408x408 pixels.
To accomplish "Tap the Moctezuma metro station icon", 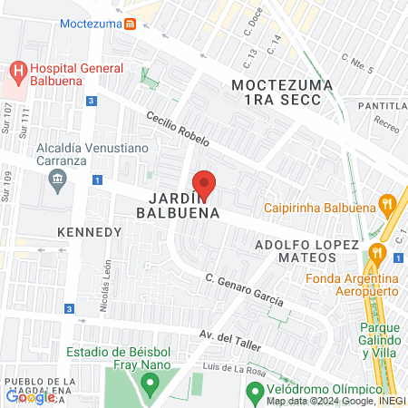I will coord(131,24).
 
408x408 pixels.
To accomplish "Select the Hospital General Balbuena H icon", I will coord(17,69).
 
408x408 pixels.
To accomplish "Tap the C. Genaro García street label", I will coord(243,289).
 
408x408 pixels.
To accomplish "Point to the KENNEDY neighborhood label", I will coord(89,232).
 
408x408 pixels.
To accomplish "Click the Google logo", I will coord(30,395).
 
